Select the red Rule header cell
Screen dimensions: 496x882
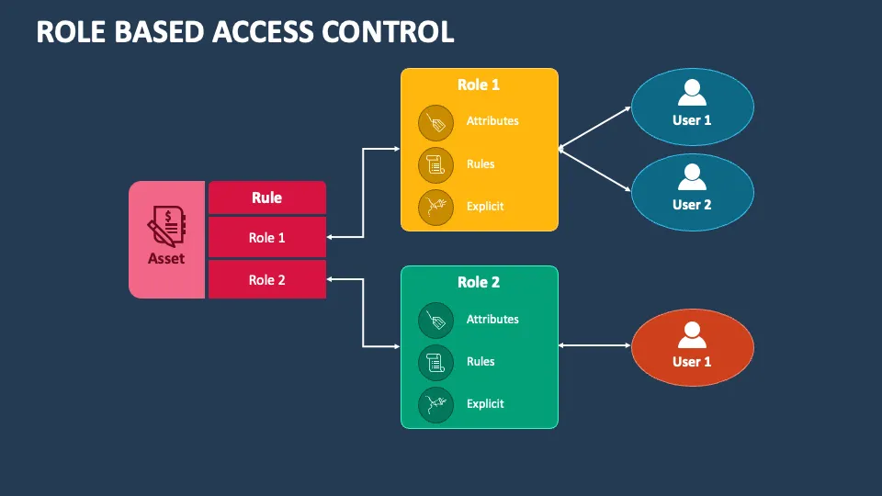coord(266,197)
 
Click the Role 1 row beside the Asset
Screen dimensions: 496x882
coord(266,237)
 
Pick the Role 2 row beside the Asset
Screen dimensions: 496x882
coord(266,280)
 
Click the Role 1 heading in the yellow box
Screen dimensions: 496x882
coord(479,85)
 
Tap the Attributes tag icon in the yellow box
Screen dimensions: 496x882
coord(435,121)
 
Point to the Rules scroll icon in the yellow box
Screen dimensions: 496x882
coord(435,164)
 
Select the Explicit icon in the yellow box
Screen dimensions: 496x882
coord(435,207)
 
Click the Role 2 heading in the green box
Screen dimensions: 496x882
coord(479,282)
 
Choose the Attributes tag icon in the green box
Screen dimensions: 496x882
coord(435,320)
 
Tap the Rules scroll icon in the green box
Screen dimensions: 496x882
coord(435,362)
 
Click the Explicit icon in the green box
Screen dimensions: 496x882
coord(435,404)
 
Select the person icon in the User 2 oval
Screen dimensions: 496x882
coord(692,177)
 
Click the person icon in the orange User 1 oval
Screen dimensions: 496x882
coord(692,333)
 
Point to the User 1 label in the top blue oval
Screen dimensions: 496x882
coord(692,120)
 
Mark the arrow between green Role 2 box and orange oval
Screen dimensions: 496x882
coord(594,345)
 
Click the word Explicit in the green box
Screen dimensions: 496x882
coord(485,404)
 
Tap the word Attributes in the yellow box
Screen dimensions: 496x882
coord(492,121)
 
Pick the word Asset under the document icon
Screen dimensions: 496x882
coord(166,259)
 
